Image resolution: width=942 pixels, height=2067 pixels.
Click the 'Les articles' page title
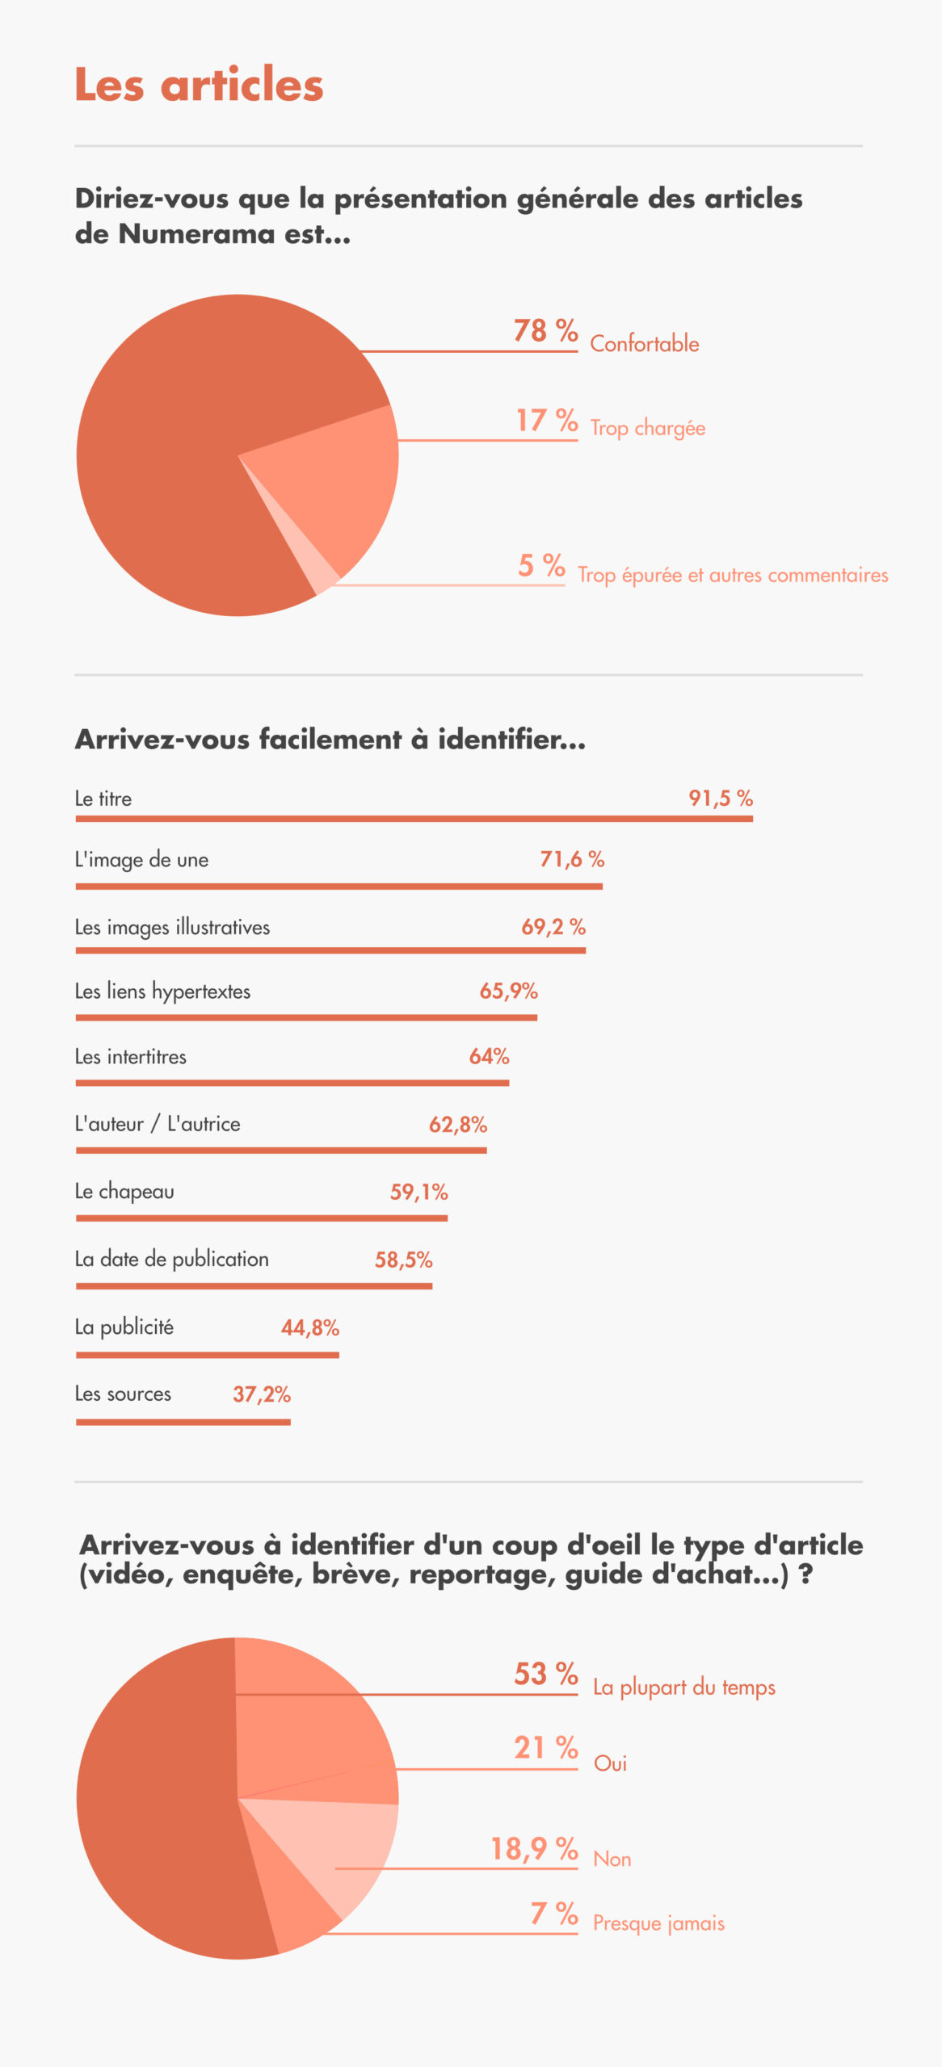coord(199,84)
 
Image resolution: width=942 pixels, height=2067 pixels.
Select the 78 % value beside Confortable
coord(545,330)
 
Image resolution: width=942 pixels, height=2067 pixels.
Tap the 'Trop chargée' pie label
coord(647,428)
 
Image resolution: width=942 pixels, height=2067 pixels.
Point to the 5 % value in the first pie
coord(541,565)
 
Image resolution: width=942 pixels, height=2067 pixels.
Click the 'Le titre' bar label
coord(103,799)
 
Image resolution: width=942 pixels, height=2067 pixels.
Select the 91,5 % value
coord(721,799)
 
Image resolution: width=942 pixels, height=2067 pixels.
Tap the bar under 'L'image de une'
coord(339,887)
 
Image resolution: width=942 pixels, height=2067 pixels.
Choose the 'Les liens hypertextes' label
coord(162,992)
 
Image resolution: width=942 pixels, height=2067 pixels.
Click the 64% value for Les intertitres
coord(489,1056)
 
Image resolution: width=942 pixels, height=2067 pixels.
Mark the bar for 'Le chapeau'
coord(262,1218)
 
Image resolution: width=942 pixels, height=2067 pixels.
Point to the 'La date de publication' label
coord(171,1260)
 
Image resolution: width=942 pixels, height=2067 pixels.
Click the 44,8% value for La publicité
coord(310,1327)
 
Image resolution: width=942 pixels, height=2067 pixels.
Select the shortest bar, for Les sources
coord(183,1422)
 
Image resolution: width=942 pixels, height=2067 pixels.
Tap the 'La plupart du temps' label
coord(683,1688)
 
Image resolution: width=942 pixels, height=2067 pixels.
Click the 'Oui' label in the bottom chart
coord(610,1763)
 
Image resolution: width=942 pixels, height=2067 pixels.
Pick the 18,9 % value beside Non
coord(534,1849)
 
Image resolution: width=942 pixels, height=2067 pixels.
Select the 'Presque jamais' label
coord(658,1922)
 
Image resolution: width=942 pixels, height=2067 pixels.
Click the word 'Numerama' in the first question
coord(197,233)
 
